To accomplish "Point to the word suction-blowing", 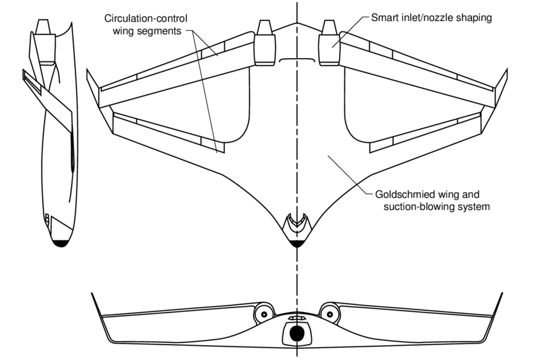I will tap(418, 206).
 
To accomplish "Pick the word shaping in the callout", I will tap(475, 18).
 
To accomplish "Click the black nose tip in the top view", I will tap(297, 242).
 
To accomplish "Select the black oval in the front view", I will tap(297, 334).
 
